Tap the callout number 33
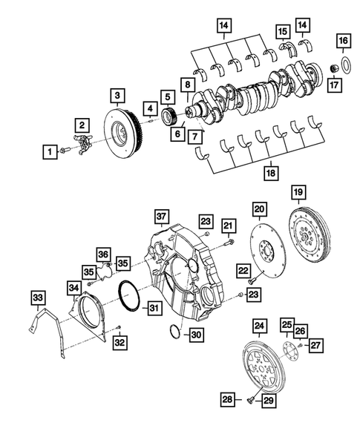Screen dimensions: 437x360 [37, 298]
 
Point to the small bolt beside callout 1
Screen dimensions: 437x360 [66, 151]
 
